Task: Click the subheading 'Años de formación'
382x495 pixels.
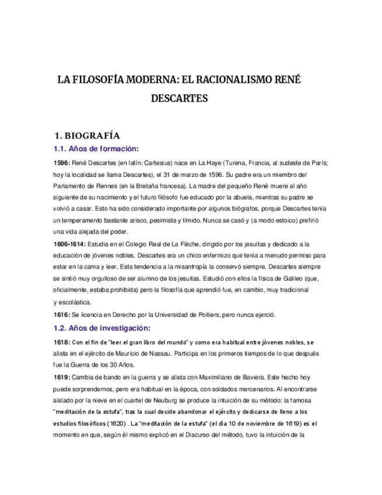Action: [x=104, y=149]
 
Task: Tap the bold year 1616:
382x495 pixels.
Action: [x=61, y=315]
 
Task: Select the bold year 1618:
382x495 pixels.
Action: [x=61, y=342]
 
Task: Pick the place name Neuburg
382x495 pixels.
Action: [x=173, y=400]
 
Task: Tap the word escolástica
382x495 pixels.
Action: [x=73, y=302]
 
